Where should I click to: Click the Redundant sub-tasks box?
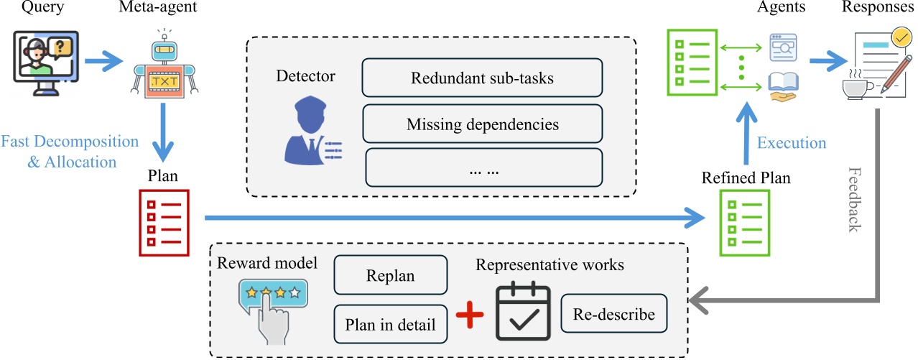[482, 78]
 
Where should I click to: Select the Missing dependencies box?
[482, 124]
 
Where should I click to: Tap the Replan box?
[390, 275]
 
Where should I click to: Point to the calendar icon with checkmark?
[524, 313]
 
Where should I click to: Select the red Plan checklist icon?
[164, 222]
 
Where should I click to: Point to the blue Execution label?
[791, 142]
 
